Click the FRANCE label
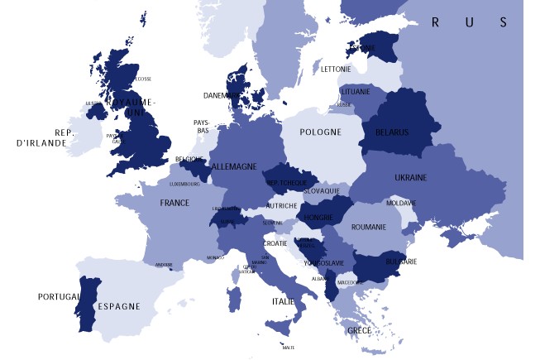point(174,203)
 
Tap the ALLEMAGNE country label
point(234,166)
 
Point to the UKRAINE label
point(411,178)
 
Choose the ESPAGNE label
point(119,306)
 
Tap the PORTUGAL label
point(58,296)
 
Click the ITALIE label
point(284,302)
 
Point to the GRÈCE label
point(359,330)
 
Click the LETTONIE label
point(336,69)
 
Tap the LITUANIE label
point(355,91)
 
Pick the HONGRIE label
point(319,218)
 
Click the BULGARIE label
point(401,262)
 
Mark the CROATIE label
point(275,243)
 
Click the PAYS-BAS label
point(202,126)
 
